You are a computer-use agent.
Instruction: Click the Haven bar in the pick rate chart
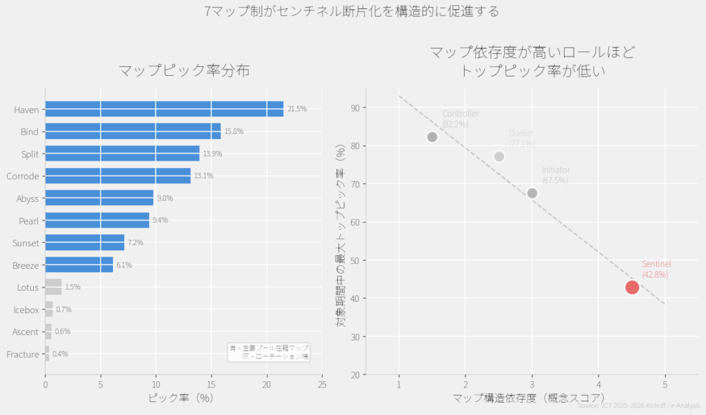coord(164,109)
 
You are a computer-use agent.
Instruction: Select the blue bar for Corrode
coord(117,176)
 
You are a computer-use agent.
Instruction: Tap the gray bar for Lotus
coord(53,287)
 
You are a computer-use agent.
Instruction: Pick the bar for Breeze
coord(79,265)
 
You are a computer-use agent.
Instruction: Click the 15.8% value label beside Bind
coord(234,132)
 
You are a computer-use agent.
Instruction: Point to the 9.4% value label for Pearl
coord(160,221)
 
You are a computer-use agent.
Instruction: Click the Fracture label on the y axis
coord(22,354)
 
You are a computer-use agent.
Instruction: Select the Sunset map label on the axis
coord(26,243)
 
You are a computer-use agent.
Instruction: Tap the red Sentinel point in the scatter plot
coord(632,287)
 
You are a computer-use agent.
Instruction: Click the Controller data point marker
coord(432,137)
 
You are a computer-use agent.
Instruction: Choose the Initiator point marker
coord(532,193)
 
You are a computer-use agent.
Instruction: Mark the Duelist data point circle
coord(499,156)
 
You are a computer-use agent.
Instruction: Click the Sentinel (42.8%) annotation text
coord(656,270)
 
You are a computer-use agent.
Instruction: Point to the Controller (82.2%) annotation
coord(460,119)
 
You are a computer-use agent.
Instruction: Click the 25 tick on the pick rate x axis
coord(322,385)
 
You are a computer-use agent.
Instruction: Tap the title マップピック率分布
coord(183,70)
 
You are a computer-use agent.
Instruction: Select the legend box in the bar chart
coord(269,352)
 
